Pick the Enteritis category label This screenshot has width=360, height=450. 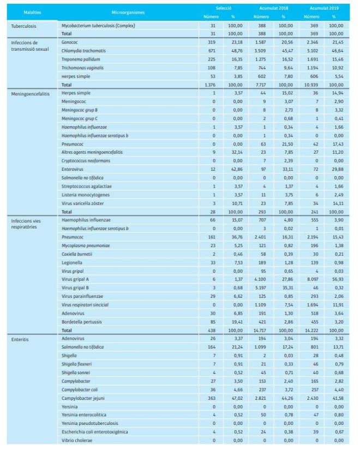[x=20, y=339]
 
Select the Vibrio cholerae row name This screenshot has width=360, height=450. [x=77, y=440]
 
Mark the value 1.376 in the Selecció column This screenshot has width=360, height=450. [x=209, y=85]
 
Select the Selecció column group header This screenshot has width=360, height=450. [x=224, y=9]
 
